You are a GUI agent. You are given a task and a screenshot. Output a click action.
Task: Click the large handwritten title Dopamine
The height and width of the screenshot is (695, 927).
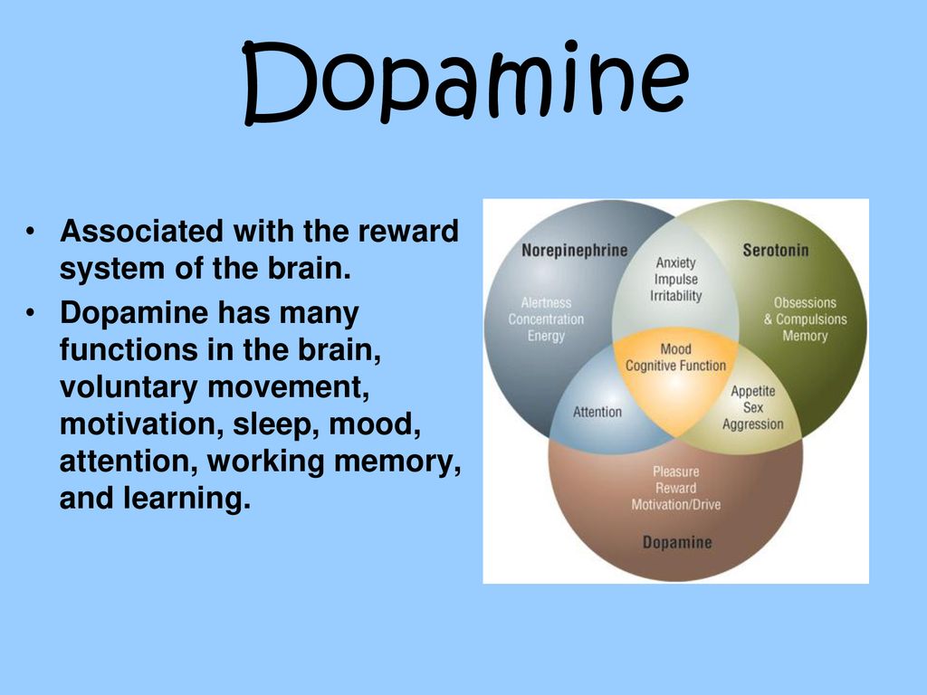[465, 81]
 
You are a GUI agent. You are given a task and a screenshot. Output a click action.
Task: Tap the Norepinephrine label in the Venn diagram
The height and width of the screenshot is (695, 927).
[574, 251]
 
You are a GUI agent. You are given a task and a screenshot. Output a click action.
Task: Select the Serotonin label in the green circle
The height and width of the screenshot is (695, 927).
[775, 250]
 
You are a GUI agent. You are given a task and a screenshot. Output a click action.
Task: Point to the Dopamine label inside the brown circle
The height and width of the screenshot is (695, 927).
[677, 542]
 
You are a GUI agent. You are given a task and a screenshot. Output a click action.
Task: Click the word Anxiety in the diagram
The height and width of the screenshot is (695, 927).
[675, 262]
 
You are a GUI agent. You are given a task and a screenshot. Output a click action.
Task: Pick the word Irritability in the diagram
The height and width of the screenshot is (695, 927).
[675, 296]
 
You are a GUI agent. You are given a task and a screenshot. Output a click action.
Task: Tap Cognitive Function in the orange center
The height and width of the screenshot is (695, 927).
[675, 366]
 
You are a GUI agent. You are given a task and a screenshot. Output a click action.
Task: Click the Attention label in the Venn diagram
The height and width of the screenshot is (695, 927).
[597, 412]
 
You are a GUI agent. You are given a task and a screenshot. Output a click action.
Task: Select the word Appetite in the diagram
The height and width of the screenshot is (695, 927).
[752, 391]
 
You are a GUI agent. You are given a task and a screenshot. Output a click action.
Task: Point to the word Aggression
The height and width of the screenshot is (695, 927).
[752, 424]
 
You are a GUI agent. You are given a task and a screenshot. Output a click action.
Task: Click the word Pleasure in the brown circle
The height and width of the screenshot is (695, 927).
[675, 471]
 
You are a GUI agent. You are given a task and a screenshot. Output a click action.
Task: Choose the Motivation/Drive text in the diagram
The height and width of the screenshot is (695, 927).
[675, 505]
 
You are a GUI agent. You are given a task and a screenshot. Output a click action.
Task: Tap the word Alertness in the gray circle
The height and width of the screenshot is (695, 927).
[546, 302]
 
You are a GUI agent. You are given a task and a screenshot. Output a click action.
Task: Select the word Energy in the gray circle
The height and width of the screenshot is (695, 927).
[546, 336]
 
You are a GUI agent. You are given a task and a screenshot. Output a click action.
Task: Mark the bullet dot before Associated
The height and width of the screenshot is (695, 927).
[30, 232]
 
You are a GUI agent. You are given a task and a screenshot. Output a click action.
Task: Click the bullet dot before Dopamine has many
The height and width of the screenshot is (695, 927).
[30, 313]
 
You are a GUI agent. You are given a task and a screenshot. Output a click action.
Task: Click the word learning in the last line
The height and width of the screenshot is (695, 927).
[186, 499]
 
